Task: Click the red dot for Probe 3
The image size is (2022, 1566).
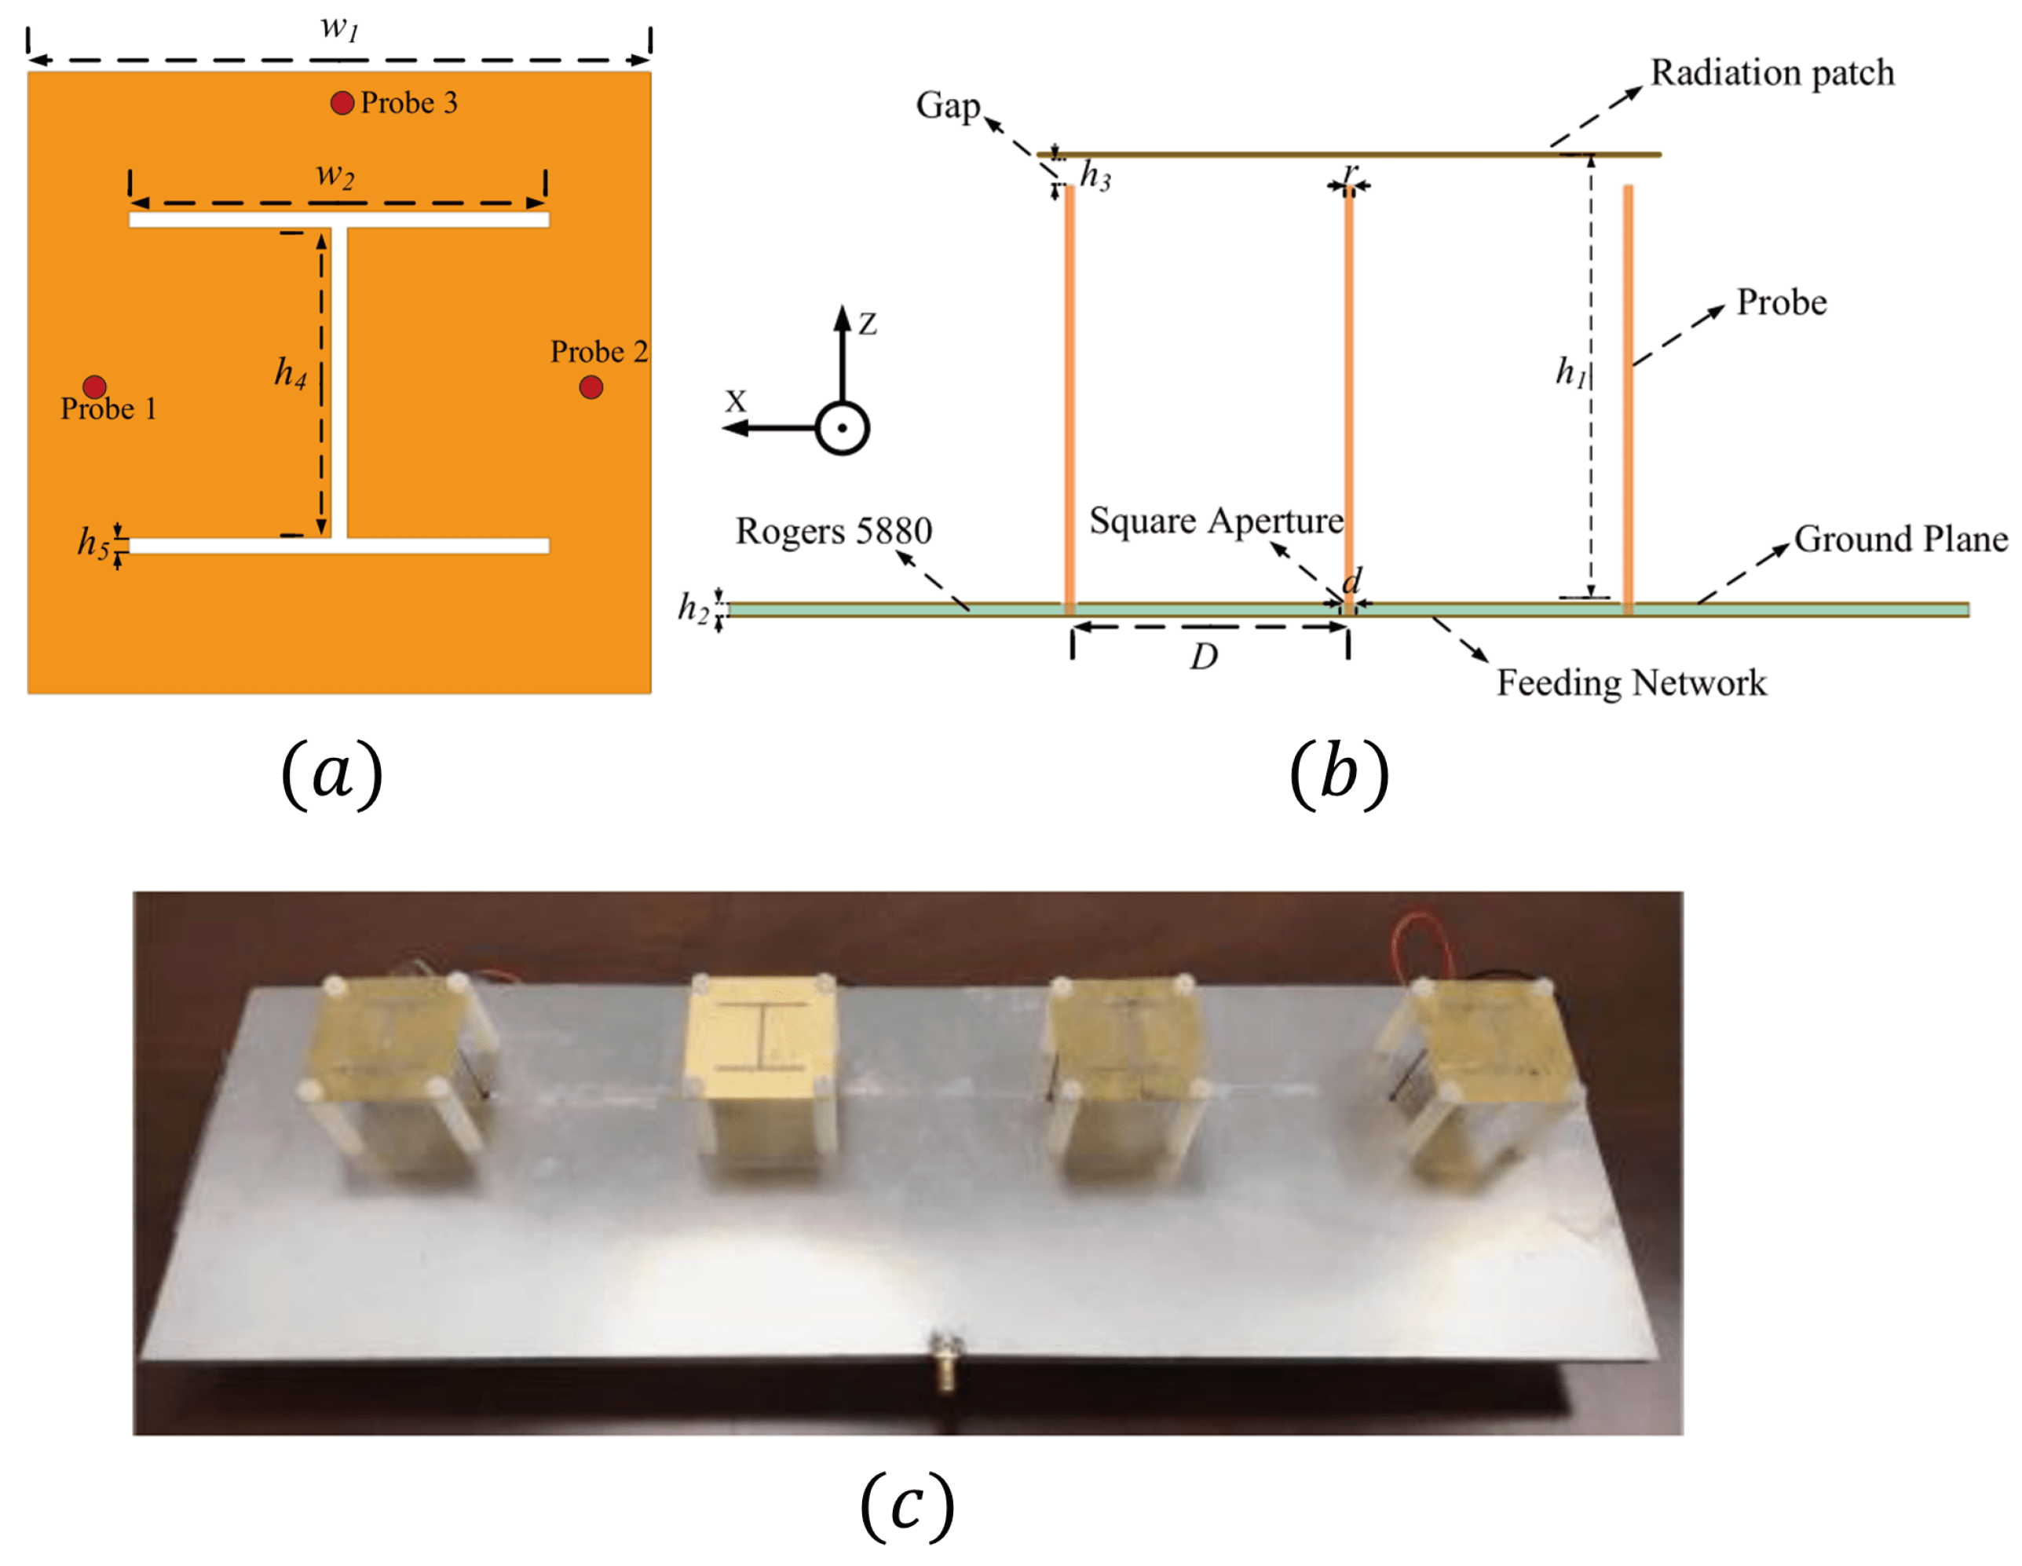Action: pos(342,103)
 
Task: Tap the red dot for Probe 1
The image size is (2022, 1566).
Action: pos(94,386)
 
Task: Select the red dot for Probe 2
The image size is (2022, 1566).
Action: pos(591,387)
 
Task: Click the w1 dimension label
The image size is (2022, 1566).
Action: pos(340,27)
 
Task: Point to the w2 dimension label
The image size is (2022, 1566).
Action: pos(335,174)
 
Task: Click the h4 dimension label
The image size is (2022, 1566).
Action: pos(290,372)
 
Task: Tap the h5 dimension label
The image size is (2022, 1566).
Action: pos(93,543)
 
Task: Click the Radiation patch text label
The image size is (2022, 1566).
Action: pos(1772,73)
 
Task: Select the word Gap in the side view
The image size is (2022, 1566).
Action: pos(947,105)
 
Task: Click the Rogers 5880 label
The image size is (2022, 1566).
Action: pos(833,531)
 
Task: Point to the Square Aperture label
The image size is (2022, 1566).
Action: pos(1216,521)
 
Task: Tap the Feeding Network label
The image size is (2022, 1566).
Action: pos(1631,682)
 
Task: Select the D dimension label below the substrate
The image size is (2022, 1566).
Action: pos(1204,657)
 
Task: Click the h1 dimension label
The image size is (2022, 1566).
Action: pos(1570,372)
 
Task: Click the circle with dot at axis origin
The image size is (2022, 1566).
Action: pos(842,428)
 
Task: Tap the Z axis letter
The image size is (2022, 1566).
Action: pos(868,324)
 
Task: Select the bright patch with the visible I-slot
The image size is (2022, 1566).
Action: pos(762,1034)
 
